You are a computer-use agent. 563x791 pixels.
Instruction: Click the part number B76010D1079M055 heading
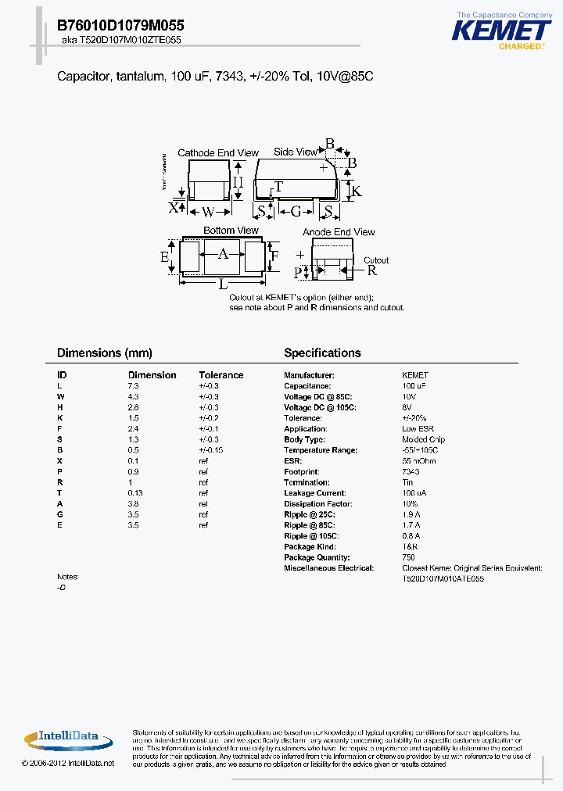[120, 26]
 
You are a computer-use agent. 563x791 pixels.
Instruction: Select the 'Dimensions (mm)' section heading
[105, 353]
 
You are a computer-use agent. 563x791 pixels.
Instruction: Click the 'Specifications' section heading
[322, 353]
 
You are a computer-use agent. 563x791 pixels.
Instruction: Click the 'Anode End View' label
[339, 232]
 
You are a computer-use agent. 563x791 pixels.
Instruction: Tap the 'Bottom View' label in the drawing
[231, 231]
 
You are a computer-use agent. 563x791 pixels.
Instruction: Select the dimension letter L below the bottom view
[224, 284]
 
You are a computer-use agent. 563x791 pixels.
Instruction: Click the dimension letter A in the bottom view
[223, 254]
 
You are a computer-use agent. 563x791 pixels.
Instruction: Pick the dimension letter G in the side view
[296, 212]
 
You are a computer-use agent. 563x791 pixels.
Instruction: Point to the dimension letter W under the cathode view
[208, 211]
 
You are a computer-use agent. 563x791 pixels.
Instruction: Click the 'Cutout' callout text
[376, 260]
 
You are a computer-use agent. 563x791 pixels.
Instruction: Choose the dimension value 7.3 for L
[133, 386]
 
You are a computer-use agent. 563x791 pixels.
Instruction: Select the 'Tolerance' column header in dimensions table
[221, 375]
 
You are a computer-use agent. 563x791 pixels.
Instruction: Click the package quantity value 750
[408, 557]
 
